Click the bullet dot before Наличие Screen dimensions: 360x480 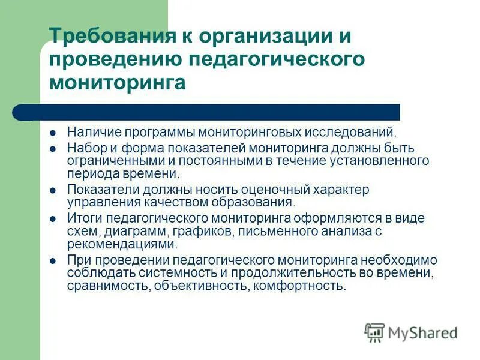(53, 131)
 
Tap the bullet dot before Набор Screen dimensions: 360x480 (53, 148)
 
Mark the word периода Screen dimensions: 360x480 (91, 174)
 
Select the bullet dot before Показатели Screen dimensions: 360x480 (53, 190)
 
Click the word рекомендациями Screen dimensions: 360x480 (122, 244)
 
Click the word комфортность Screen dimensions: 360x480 (299, 286)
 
